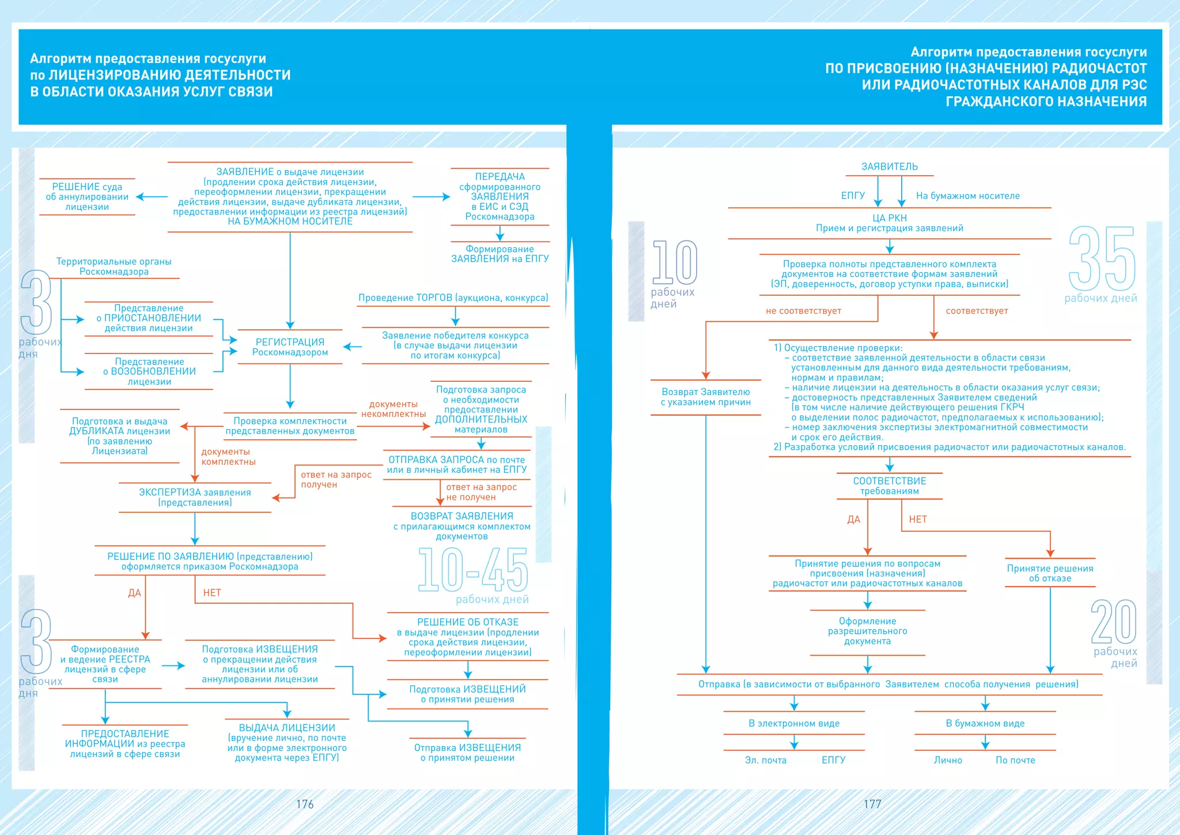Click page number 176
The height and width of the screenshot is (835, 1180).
pos(305,804)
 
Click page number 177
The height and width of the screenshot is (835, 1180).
pos(872,804)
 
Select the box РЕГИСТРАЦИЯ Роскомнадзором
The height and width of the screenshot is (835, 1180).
pos(290,347)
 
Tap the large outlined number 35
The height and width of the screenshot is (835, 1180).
pos(1102,259)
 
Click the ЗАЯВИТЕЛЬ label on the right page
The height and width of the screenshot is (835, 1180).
pos(890,167)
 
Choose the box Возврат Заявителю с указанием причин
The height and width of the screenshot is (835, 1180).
pos(706,397)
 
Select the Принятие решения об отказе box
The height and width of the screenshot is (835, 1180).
pos(1050,573)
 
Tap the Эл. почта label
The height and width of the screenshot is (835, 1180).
pos(765,760)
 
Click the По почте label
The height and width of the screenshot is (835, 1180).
pos(1015,760)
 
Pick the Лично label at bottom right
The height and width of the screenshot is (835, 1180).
pos(948,760)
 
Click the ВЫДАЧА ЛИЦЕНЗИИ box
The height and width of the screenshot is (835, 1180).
pos(287,743)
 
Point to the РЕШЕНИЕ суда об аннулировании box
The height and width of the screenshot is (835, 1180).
pos(87,197)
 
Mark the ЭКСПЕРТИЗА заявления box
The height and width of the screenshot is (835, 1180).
pos(195,497)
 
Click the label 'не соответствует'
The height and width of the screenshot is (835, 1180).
pos(803,311)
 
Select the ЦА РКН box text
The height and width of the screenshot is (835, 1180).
pos(890,223)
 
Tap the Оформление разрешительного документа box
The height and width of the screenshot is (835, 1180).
pos(867,631)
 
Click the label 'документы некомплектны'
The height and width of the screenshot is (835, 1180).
pos(394,409)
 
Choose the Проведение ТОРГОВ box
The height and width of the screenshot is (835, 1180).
pos(453,298)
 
